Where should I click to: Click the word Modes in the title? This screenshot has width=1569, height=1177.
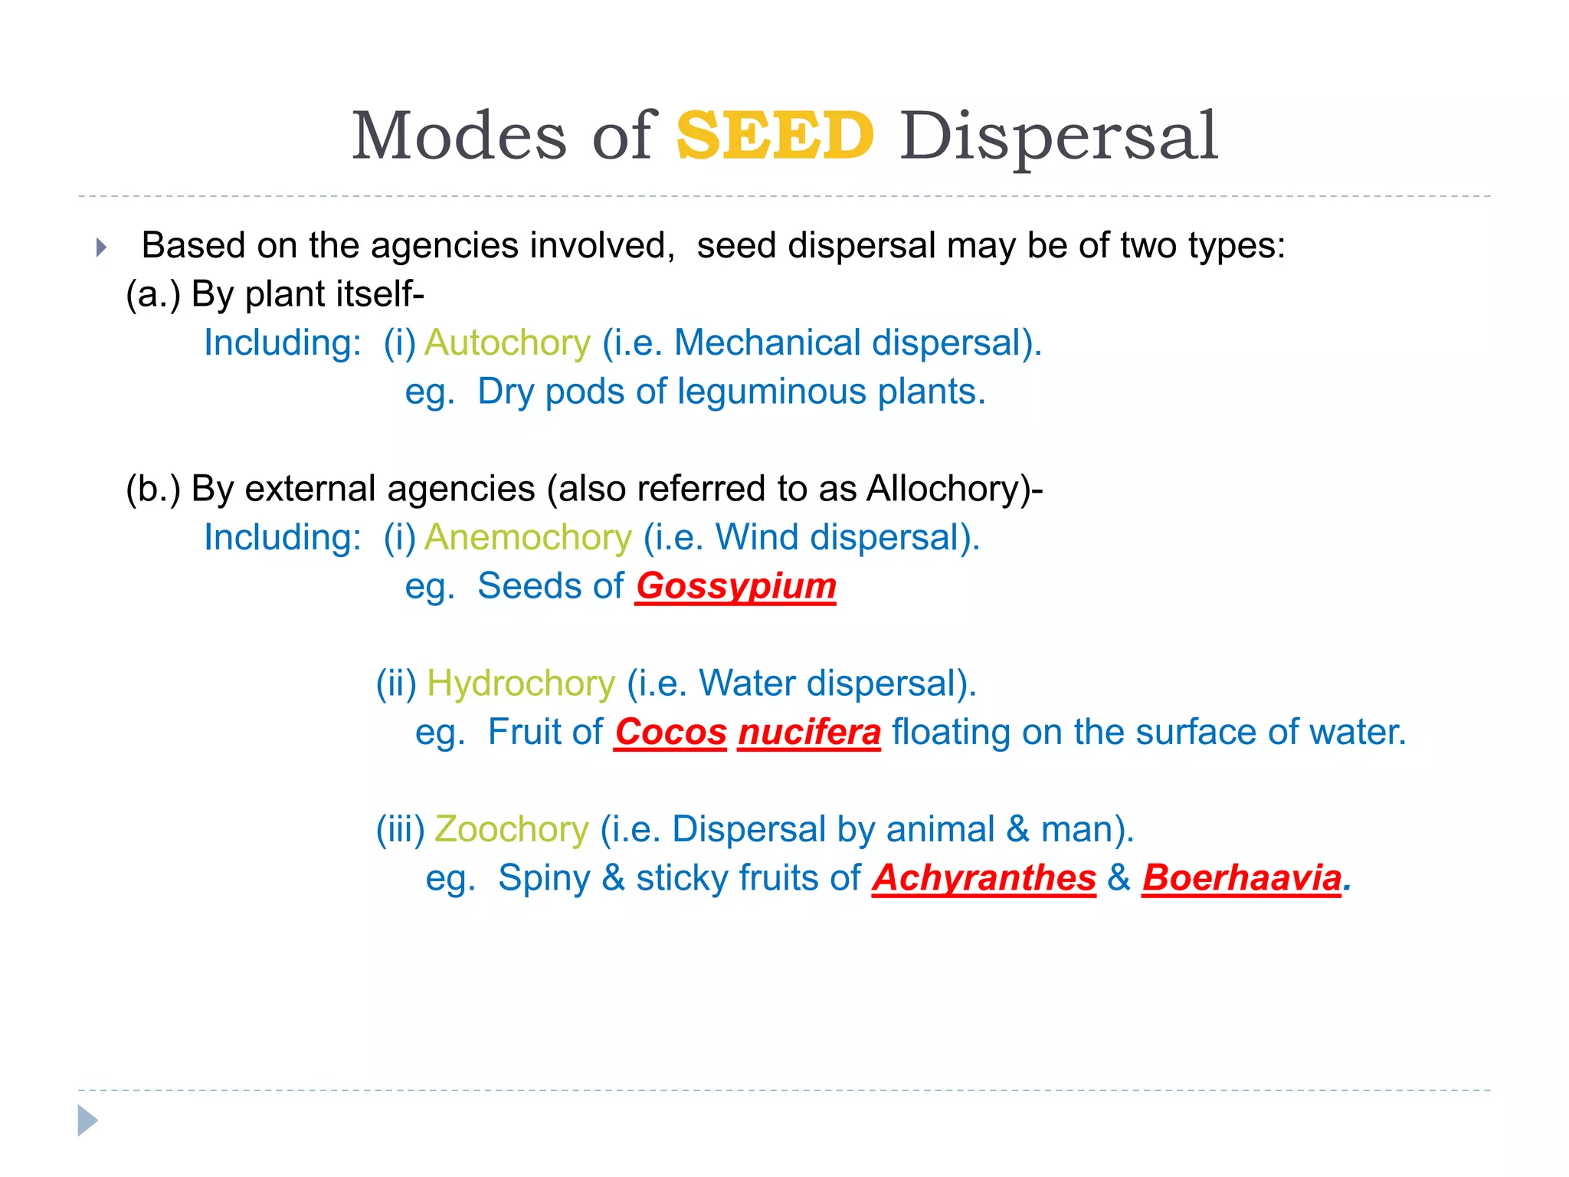pyautogui.click(x=459, y=136)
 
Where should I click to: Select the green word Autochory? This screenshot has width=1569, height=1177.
pyautogui.click(x=507, y=343)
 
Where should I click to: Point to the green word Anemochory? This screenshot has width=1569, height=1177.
pyautogui.click(x=528, y=537)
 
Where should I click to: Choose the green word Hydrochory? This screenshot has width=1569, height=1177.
pyautogui.click(x=521, y=683)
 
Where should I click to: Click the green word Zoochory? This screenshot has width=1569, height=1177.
pyautogui.click(x=511, y=829)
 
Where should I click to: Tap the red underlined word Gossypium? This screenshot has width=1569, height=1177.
pyautogui.click(x=735, y=586)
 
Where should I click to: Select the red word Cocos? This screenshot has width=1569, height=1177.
pyautogui.click(x=670, y=732)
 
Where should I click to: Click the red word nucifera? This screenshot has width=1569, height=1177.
pyautogui.click(x=809, y=732)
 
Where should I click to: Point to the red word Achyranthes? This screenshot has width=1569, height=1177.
pyautogui.click(x=984, y=877)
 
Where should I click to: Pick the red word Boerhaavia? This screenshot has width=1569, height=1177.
pyautogui.click(x=1242, y=877)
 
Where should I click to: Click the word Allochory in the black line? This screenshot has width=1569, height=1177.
pyautogui.click(x=948, y=489)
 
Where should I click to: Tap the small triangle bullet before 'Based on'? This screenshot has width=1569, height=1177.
pyautogui.click(x=101, y=248)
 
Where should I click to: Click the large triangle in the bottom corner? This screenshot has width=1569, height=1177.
pyautogui.click(x=87, y=1120)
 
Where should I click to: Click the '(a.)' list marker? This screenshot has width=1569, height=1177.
pyautogui.click(x=153, y=294)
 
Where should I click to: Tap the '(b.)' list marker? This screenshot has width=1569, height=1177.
pyautogui.click(x=153, y=489)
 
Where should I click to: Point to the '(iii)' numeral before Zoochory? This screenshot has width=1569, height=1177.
pyautogui.click(x=400, y=829)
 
